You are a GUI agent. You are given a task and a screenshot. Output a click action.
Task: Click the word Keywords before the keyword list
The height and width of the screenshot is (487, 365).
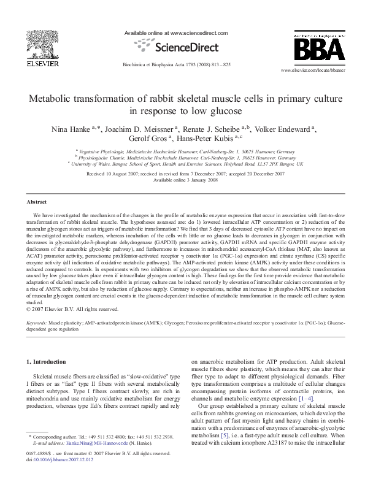point(40,321)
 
